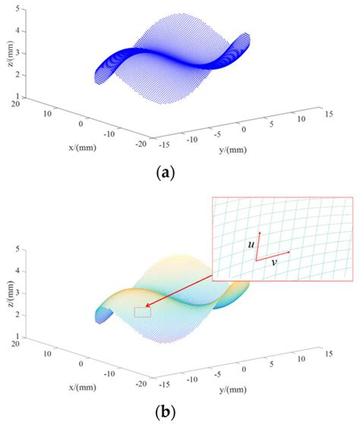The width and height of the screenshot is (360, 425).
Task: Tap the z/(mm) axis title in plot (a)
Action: [9, 52]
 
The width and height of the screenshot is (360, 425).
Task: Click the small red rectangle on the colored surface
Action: [142, 311]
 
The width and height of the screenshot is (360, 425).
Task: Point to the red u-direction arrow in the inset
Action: [258, 246]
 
